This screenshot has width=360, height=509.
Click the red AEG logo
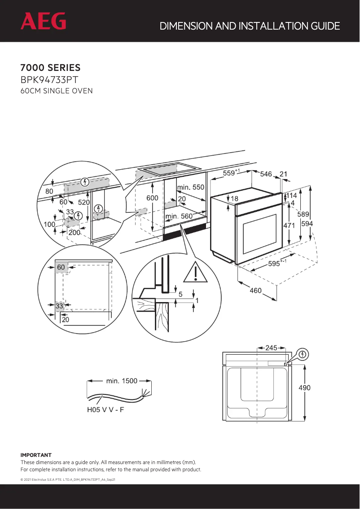43,21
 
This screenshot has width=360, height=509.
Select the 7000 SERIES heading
50,68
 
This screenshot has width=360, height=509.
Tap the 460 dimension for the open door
255,291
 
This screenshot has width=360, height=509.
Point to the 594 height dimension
307,224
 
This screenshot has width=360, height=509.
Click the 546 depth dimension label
266,174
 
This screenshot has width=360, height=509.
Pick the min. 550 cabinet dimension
190,187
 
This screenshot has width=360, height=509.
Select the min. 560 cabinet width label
179,216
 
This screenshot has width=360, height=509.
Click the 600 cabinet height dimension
153,197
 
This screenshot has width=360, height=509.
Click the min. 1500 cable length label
122,381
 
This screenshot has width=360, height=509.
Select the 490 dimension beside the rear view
304,388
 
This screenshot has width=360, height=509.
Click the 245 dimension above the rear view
271,347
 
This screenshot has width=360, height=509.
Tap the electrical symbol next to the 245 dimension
303,355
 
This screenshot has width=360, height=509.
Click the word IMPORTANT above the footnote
36,455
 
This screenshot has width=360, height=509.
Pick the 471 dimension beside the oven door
289,225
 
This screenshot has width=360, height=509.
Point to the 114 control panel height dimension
292,196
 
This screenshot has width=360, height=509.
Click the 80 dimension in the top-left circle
49,191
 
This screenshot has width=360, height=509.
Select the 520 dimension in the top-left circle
84,202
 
